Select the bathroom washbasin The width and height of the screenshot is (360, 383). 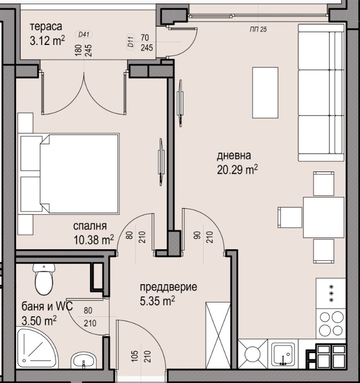pyautogui.click(x=84, y=360)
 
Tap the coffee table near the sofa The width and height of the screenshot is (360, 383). pyautogui.click(x=265, y=92)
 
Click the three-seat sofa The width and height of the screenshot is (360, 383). pyautogui.click(x=321, y=94)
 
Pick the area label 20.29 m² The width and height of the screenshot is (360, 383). pyautogui.click(x=237, y=169)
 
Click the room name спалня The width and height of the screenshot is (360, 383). pyautogui.click(x=90, y=226)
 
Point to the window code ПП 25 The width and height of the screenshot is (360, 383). pyautogui.click(x=258, y=29)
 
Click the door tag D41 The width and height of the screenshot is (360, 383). pyautogui.click(x=85, y=34)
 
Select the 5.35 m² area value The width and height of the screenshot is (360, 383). pyautogui.click(x=158, y=300)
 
